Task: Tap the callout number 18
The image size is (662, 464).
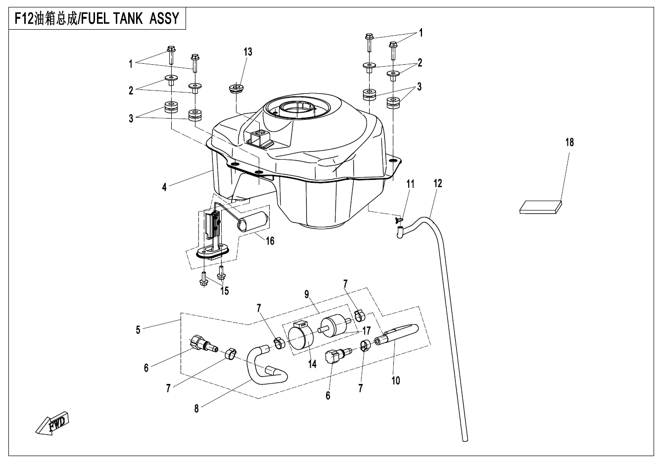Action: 569,142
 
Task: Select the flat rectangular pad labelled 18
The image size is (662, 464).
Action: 541,206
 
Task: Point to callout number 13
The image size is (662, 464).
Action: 247,52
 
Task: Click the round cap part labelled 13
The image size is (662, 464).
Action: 236,90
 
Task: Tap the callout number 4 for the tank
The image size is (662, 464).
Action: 164,187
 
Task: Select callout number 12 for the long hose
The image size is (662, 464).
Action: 438,183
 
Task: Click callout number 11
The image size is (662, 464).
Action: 410,184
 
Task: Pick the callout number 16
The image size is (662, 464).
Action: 270,241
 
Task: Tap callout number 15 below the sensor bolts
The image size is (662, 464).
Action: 225,291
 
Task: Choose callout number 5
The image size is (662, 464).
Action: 138,330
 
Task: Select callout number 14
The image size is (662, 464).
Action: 312,364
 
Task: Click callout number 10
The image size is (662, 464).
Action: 395,380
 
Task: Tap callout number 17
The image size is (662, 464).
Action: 367,330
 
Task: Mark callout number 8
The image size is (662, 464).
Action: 196,409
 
